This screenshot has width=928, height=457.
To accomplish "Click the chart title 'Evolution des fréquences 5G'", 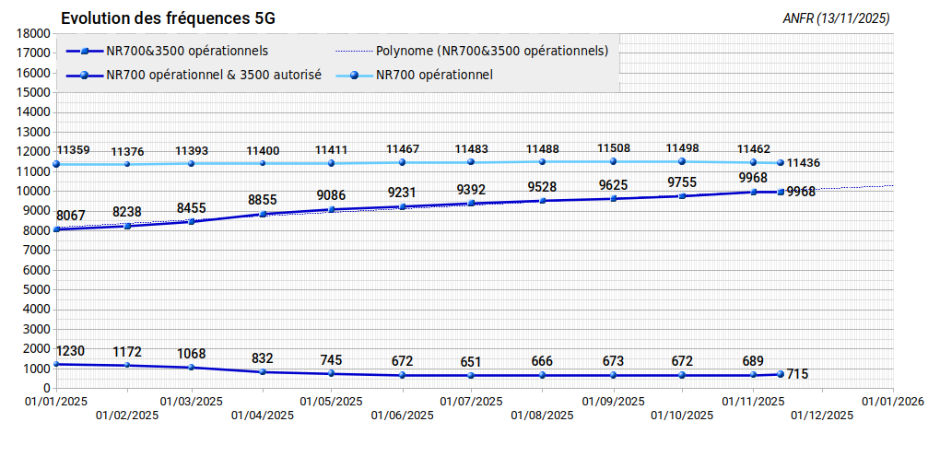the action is pos(168,18).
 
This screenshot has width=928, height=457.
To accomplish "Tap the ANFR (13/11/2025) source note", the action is pos(836,19).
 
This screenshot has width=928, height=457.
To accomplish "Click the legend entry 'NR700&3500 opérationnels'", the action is pos(168,52).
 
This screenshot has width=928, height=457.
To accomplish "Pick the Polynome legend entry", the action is pos(472,52).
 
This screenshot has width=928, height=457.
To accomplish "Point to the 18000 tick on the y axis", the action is pos(36,34).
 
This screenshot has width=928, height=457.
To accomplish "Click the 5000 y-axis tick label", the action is pos(39,290).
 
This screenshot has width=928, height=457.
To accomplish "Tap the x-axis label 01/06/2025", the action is pos(403,415).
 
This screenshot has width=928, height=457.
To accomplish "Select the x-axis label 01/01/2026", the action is pos(892,402).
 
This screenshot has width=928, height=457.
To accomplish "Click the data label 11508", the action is pos(614,148).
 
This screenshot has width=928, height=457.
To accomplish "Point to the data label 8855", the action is pos(262,200).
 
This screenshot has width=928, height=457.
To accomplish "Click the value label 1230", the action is pos(70,351).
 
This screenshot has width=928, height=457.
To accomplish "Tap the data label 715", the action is pos(797,374).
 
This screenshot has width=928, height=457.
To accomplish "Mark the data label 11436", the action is pos(804,163).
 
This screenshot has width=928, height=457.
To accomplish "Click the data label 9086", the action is pos(332,195).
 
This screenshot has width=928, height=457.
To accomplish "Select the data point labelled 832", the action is pos(263,371).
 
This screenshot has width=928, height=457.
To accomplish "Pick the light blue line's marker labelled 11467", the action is pos(403,162).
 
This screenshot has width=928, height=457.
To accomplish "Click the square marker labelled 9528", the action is pos(543,201).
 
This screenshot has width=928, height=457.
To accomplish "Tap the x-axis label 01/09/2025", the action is pos(614,402).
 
